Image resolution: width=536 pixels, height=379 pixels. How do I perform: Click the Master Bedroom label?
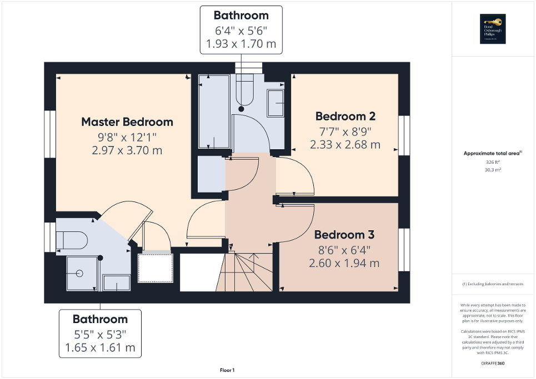click(x=127, y=122)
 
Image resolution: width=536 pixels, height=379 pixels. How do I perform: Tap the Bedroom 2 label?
click(x=345, y=116)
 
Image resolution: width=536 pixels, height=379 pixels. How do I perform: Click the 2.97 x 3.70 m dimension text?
click(x=127, y=150)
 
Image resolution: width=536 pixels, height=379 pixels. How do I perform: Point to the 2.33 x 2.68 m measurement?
click(x=345, y=145)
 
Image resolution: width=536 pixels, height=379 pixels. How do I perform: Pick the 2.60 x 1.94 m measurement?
click(x=344, y=263)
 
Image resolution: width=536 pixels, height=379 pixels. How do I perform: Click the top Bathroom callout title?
click(x=241, y=16)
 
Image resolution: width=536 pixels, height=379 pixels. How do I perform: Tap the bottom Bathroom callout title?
click(x=100, y=319)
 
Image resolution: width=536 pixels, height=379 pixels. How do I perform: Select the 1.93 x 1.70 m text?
click(x=241, y=44)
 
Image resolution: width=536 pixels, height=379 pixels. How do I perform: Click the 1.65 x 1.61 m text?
click(x=100, y=348)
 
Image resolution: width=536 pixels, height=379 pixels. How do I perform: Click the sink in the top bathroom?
click(x=275, y=103)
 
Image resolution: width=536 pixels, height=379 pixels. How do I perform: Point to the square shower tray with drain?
click(x=82, y=273)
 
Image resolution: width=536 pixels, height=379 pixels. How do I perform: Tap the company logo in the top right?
click(x=493, y=29)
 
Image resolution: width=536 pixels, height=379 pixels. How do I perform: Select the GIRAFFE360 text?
click(x=493, y=363)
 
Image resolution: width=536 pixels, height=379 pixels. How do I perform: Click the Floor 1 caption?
click(x=227, y=370)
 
